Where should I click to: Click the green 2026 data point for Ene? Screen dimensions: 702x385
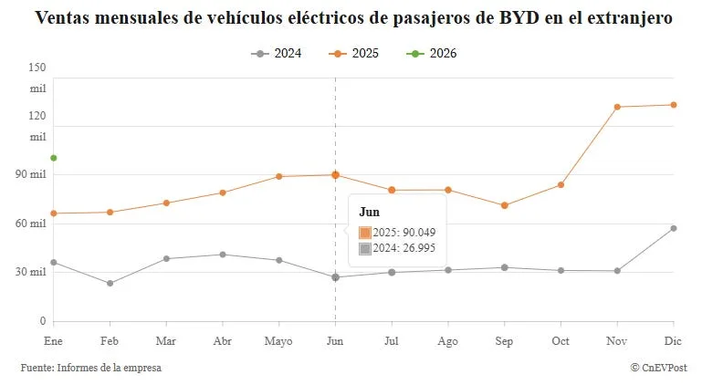tap(54, 158)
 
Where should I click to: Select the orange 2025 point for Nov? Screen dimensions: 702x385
tap(617, 107)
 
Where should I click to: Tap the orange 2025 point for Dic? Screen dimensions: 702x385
tap(674, 105)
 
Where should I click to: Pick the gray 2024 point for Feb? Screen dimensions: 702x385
tap(110, 284)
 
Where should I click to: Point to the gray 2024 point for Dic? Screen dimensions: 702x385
tap(674, 229)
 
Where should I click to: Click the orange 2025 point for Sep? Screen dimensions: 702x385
tap(505, 205)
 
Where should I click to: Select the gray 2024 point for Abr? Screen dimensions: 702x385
tap(223, 255)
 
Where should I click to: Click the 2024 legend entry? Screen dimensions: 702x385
tap(277, 54)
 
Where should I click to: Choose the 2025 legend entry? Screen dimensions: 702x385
tap(353, 54)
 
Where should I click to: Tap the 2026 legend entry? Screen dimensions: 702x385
tap(432, 54)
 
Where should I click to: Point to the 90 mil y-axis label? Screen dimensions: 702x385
tap(31, 174)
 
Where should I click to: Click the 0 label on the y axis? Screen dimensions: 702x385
tap(43, 321)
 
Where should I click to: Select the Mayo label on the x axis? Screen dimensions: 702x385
tap(278, 341)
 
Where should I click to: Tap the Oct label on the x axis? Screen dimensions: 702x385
tap(561, 341)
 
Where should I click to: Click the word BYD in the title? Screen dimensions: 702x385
tap(519, 18)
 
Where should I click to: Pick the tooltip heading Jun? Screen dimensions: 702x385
tap(370, 213)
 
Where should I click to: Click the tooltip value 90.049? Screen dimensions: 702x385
tap(419, 233)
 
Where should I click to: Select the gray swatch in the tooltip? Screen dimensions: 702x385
tap(365, 249)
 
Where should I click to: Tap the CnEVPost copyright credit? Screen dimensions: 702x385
tap(658, 368)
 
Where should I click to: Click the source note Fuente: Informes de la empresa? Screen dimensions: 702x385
tap(91, 368)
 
